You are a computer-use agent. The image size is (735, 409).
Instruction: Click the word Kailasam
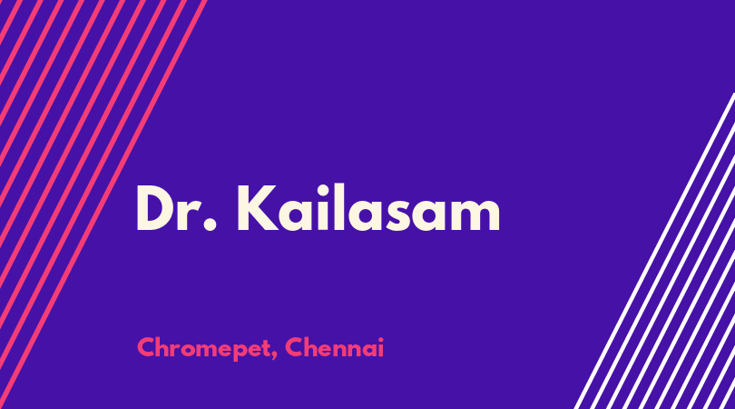click(368, 208)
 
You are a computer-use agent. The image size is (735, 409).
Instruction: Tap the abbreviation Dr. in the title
click(177, 209)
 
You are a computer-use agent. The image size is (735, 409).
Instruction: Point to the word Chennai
click(334, 347)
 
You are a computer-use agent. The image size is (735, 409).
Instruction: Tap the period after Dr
click(211, 224)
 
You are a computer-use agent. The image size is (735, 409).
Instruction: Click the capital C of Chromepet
click(147, 347)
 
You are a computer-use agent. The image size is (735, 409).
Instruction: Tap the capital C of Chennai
click(294, 347)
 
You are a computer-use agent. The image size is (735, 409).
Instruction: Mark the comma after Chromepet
click(273, 356)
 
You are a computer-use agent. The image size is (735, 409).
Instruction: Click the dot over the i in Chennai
click(380, 339)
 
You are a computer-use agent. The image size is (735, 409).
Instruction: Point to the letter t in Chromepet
click(263, 348)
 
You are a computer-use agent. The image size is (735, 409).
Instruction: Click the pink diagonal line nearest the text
click(103, 204)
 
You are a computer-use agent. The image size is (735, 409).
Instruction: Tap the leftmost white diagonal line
click(653, 251)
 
